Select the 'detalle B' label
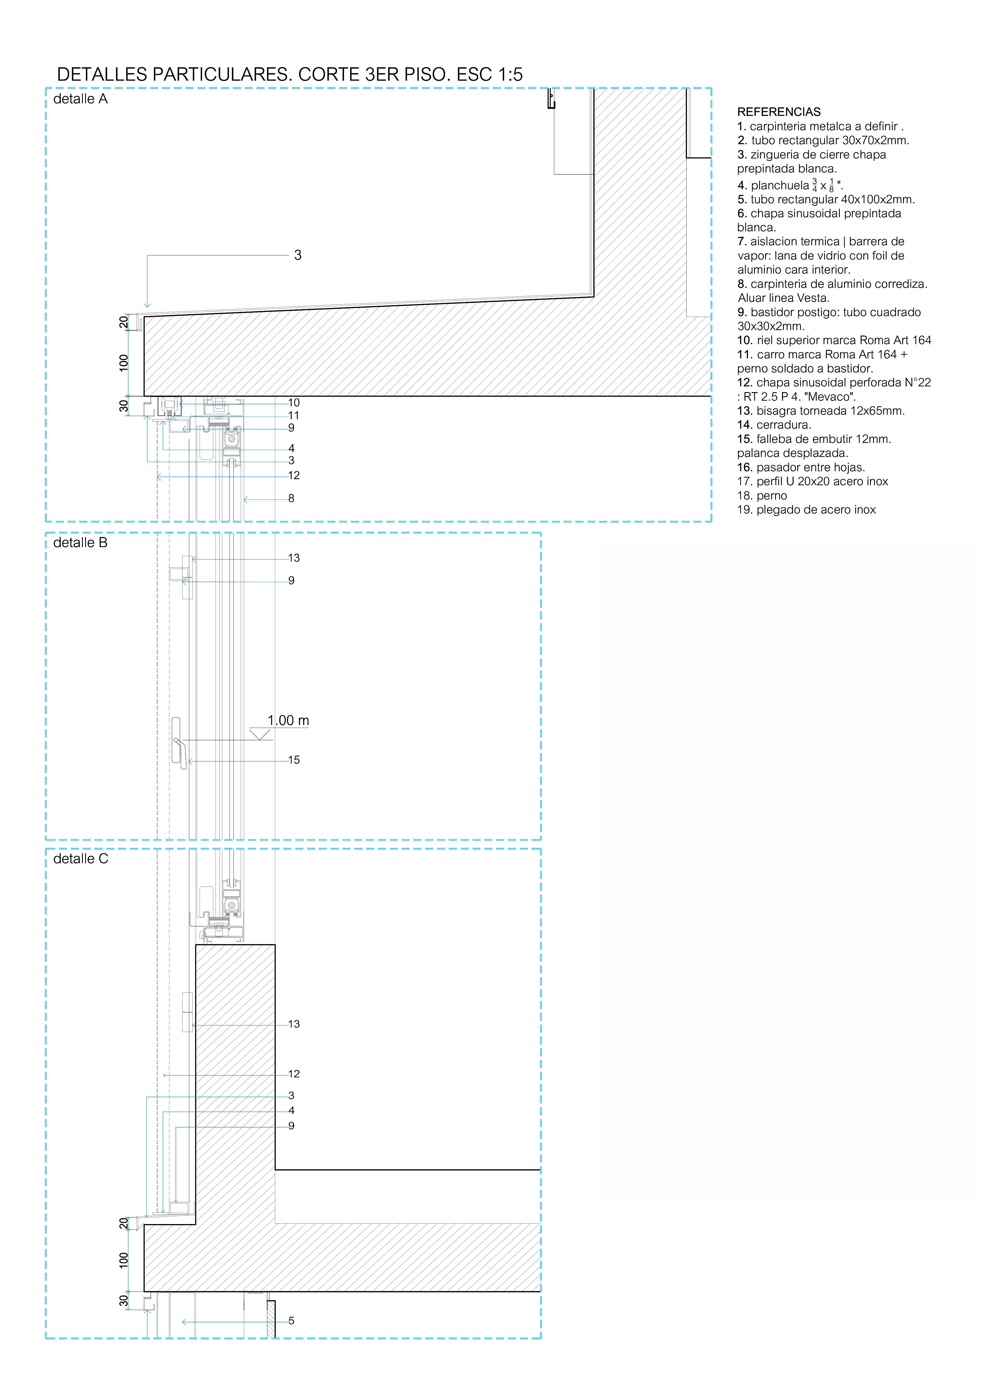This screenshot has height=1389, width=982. (x=80, y=543)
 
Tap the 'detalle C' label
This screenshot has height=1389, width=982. (x=80, y=859)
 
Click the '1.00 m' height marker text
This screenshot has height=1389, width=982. (x=288, y=720)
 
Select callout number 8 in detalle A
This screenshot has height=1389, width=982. (x=291, y=498)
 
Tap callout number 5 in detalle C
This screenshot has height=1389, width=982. (x=291, y=1321)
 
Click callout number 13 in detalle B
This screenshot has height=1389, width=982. (x=294, y=558)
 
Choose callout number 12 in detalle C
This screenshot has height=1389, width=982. (x=294, y=1074)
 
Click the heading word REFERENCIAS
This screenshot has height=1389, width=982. (x=779, y=112)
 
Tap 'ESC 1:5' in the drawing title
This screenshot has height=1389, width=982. (x=490, y=74)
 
